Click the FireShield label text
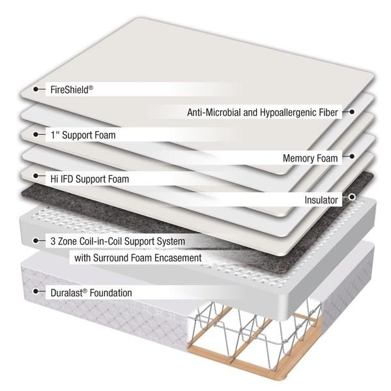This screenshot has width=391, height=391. coord(72,89)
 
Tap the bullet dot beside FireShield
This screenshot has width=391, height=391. coord(36,89)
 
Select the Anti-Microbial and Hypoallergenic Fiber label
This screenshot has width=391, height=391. coord(262,112)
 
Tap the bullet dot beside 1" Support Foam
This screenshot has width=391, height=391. coord(36,135)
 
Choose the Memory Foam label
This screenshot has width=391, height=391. coord(310,158)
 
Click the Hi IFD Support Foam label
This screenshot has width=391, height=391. coord(89,179)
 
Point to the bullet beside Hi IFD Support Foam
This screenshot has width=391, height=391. coord(36,179)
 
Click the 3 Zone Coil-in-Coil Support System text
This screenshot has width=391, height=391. coord(117,241)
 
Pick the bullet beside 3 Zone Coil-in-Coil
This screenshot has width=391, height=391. coord(36,241)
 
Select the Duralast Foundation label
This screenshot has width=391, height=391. coord(91,293)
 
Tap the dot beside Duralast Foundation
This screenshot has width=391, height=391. coord(36,293)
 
